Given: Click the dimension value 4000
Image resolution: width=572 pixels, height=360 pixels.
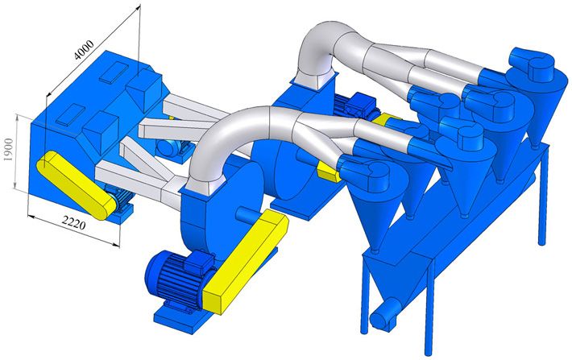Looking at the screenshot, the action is coord(84,49).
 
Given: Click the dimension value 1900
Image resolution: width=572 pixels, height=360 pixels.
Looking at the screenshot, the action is coord(8,150).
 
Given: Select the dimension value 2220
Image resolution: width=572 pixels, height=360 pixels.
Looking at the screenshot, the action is coord(73,222).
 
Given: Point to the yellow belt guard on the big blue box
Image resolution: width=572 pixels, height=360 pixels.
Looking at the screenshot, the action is coord(76,184).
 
